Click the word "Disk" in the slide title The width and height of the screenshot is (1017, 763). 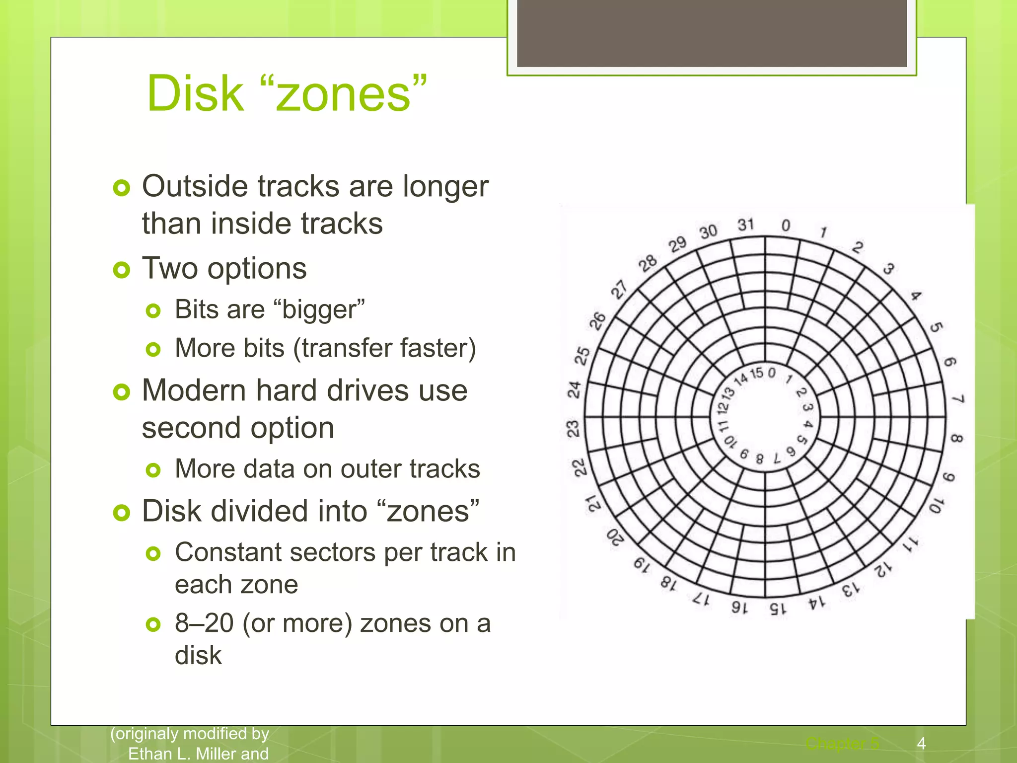click(195, 93)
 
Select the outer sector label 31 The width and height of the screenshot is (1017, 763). click(745, 225)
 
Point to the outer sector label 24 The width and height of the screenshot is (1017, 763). click(575, 389)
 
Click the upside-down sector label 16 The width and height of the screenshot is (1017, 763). click(739, 608)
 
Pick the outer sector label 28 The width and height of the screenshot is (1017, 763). click(648, 263)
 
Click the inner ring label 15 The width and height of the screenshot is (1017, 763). click(757, 373)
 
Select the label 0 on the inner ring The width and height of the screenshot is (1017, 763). click(771, 373)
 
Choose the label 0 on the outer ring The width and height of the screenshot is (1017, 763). click(786, 226)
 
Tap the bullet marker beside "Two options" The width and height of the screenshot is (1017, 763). click(121, 270)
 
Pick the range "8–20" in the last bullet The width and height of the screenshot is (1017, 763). click(204, 623)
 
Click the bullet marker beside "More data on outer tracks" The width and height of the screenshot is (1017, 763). click(153, 470)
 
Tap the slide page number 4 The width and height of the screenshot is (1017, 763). click(921, 743)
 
